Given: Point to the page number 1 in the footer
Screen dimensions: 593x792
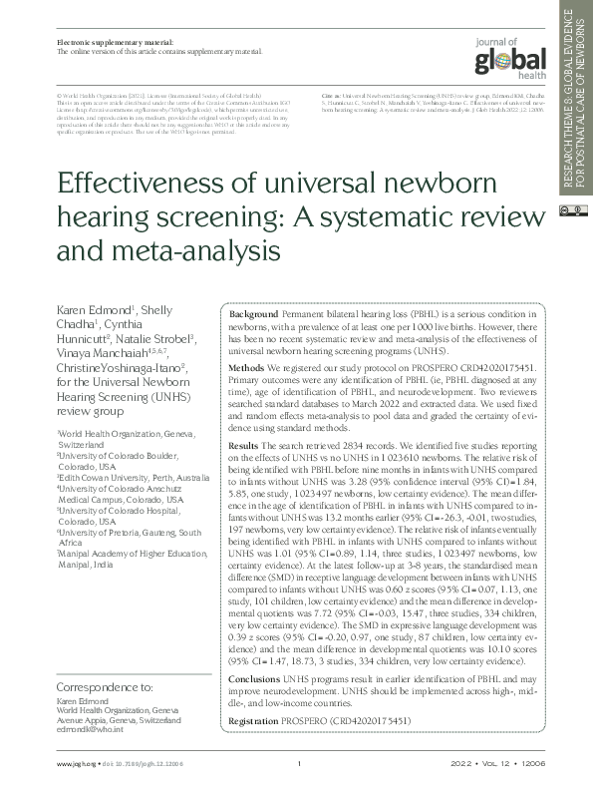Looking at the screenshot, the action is click(x=299, y=765).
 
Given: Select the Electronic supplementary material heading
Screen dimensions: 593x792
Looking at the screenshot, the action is click(x=110, y=42).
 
